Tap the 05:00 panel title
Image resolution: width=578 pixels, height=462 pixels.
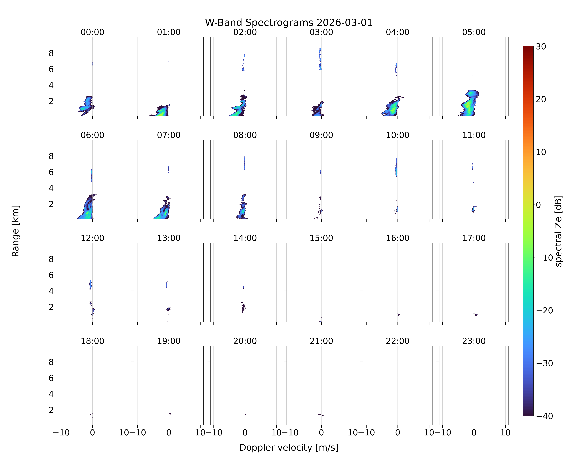pyautogui.click(x=474, y=32)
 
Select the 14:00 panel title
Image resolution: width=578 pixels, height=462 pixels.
pyautogui.click(x=245, y=238)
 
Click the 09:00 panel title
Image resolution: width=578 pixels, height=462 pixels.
pyautogui.click(x=321, y=135)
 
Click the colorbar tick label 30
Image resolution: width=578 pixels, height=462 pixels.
pyautogui.click(x=541, y=47)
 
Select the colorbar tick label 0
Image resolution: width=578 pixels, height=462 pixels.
pyautogui.click(x=539, y=205)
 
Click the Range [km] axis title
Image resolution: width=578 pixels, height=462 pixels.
pyautogui.click(x=16, y=231)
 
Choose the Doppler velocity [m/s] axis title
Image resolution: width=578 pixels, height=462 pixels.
pyautogui.click(x=289, y=448)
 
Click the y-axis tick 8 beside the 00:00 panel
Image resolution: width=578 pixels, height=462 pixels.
pyautogui.click(x=51, y=53)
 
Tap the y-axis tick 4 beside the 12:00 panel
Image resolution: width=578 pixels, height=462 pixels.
pyautogui.click(x=51, y=291)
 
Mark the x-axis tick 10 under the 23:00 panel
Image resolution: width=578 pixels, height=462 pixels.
pyautogui.click(x=505, y=433)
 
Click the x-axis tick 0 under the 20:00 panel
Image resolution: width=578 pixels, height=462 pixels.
pyautogui.click(x=245, y=433)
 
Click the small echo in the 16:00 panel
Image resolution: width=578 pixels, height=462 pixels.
pyautogui.click(x=398, y=314)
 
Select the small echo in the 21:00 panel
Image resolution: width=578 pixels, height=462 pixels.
pyautogui.click(x=321, y=415)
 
